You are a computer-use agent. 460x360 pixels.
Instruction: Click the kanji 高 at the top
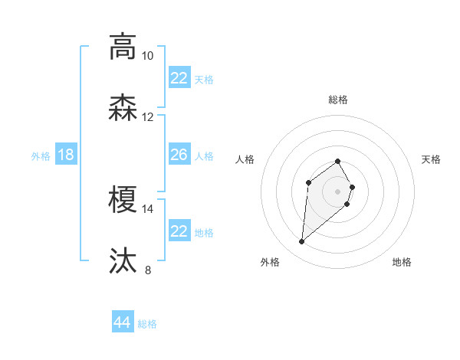(x=123, y=47)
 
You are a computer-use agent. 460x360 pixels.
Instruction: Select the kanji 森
(x=123, y=108)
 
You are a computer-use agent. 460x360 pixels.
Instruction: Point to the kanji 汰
(x=123, y=261)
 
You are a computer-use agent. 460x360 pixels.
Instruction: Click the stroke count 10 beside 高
(x=147, y=56)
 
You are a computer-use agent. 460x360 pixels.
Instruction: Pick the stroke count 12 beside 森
(x=147, y=117)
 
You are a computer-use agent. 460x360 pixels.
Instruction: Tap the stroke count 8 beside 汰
(x=148, y=270)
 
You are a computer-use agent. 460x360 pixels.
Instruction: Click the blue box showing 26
(x=179, y=155)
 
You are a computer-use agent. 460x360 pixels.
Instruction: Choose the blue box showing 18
(x=66, y=155)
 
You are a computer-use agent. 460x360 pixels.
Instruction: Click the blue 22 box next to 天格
(x=179, y=78)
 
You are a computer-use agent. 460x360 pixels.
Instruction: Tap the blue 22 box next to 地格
(x=179, y=231)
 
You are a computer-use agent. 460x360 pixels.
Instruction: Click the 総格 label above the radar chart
(x=338, y=100)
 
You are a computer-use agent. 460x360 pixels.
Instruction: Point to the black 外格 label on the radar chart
(x=270, y=263)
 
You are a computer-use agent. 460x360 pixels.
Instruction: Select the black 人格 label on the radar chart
(x=245, y=159)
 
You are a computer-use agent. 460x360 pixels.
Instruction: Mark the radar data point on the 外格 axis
(x=301, y=242)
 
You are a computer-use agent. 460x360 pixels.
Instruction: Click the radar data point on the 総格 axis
(x=338, y=161)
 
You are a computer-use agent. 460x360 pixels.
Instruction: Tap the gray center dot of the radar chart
(x=338, y=191)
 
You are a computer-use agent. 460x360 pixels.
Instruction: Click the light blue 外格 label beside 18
(x=41, y=155)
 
